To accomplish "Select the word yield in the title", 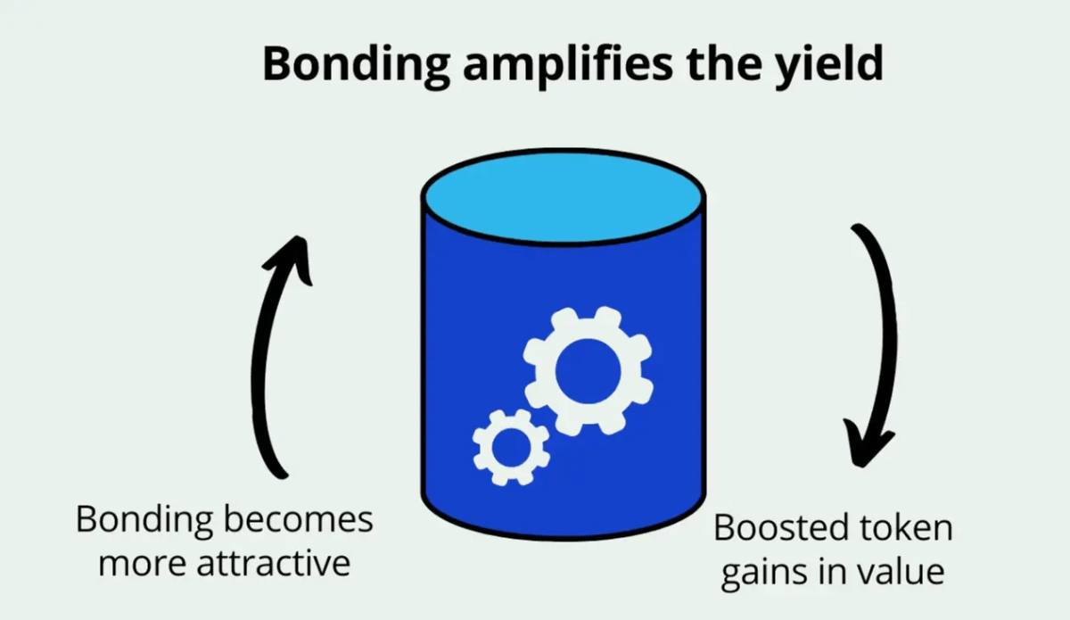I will tap(827, 65).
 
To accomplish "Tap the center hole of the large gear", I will tap(587, 371).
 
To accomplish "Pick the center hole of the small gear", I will tap(511, 447).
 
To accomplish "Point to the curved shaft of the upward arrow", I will tap(260, 375).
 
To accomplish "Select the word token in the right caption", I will tap(909, 528).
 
